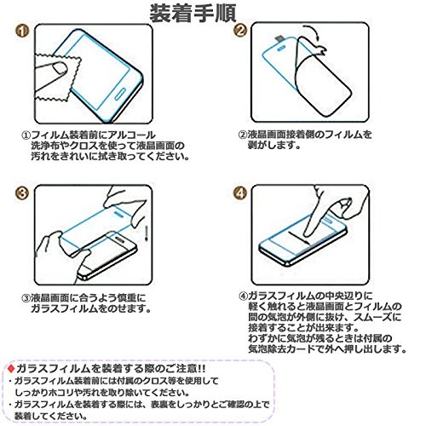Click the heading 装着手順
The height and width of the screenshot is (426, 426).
(x=193, y=14)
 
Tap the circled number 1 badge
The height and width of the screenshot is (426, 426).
(x=22, y=31)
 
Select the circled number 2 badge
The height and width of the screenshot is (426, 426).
(x=240, y=31)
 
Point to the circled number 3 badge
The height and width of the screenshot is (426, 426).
(x=22, y=193)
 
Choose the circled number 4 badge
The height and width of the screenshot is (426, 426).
(x=240, y=193)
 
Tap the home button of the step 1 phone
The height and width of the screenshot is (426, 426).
(x=120, y=94)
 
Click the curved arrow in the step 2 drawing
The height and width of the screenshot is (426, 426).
(x=313, y=32)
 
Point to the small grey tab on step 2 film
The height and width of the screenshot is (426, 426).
(x=279, y=38)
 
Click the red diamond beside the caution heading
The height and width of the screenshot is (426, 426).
(x=11, y=369)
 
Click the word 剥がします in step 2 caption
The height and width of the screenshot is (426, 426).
(x=273, y=146)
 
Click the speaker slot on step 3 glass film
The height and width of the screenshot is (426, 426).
(x=118, y=213)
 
